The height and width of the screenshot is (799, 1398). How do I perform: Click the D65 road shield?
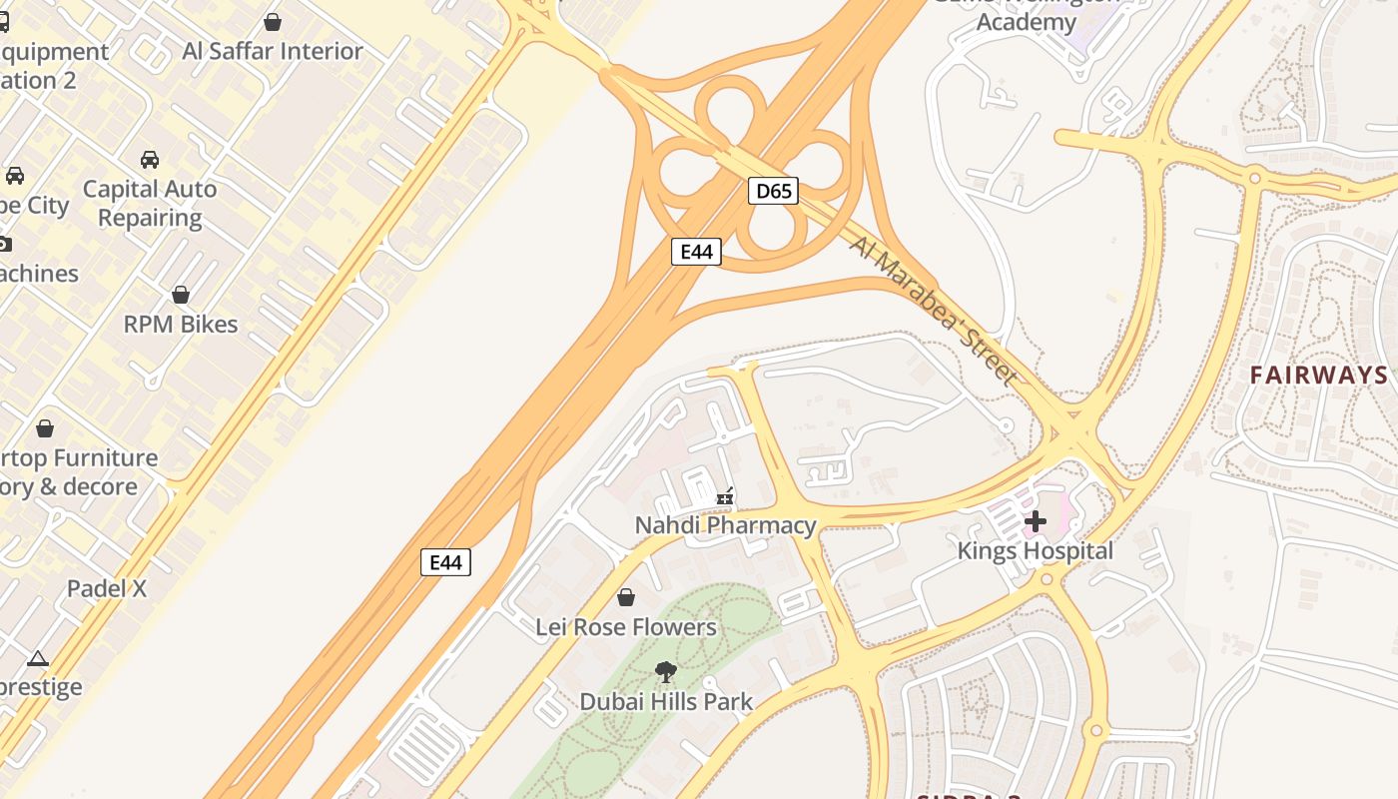click(x=773, y=191)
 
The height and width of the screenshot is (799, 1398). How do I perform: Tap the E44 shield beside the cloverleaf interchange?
click(x=696, y=252)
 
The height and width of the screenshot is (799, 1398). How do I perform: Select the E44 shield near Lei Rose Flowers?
click(x=445, y=562)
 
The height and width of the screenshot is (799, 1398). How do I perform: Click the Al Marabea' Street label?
click(x=935, y=309)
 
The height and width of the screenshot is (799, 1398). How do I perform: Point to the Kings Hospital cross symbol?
click(x=1036, y=520)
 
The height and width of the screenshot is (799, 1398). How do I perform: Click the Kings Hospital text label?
click(x=1035, y=551)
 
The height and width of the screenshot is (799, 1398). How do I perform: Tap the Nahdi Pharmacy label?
click(x=726, y=525)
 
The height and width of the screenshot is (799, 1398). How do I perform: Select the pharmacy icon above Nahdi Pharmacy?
click(x=726, y=496)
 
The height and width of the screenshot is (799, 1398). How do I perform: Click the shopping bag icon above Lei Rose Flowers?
click(x=626, y=597)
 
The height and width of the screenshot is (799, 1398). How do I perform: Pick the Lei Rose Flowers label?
click(x=626, y=627)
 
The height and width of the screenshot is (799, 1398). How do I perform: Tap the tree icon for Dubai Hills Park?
click(x=666, y=671)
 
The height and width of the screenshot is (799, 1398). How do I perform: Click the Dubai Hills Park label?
click(x=666, y=701)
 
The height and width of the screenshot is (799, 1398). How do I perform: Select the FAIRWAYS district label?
click(x=1319, y=376)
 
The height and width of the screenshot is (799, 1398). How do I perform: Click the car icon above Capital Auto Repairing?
click(x=150, y=159)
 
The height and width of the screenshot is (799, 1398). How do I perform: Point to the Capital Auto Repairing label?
click(x=150, y=203)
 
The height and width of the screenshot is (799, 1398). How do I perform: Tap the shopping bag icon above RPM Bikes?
click(x=181, y=295)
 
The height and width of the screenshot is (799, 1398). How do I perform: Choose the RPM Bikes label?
click(x=181, y=325)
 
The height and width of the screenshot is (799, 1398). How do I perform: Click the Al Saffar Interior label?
click(x=273, y=51)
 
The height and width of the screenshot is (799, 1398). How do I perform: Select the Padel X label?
click(x=107, y=588)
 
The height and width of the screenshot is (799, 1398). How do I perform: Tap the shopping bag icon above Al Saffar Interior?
click(x=273, y=21)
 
